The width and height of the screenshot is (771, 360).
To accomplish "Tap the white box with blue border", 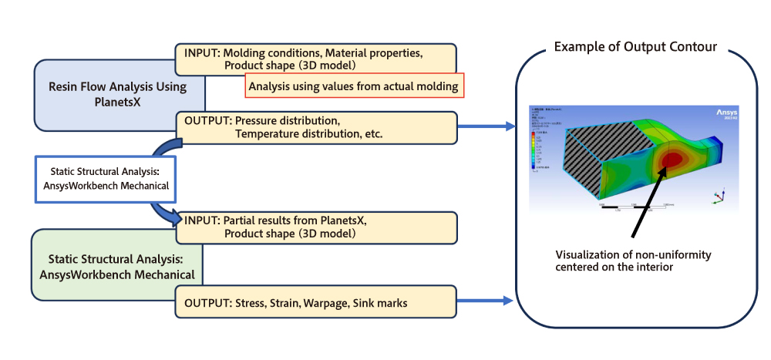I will [106, 179].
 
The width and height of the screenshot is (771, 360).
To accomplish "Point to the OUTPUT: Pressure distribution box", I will [316, 128].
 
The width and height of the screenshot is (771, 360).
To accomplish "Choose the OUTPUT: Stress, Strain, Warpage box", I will [316, 303].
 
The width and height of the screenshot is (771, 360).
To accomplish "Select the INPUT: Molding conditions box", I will [316, 59].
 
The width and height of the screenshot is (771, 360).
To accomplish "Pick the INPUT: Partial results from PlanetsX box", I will [316, 227].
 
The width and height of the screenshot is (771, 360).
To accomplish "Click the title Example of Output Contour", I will [635, 47].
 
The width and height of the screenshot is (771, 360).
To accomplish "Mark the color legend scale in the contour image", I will [534, 150].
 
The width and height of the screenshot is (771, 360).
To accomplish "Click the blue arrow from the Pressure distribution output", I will [486, 127].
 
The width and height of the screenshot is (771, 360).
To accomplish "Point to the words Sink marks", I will [379, 304].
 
